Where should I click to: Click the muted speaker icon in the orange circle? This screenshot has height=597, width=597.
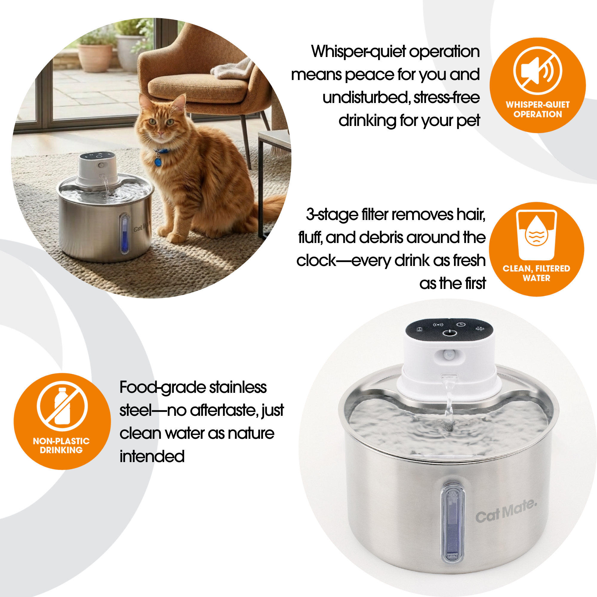(x=537, y=71)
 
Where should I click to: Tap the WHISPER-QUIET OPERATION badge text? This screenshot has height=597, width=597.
(x=537, y=109)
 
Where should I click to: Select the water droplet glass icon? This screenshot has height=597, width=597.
(x=536, y=235)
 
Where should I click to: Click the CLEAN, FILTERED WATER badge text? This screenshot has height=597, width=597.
(x=536, y=273)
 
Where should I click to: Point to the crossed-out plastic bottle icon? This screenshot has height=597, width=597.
(x=62, y=406)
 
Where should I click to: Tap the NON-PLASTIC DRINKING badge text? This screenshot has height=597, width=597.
(x=61, y=445)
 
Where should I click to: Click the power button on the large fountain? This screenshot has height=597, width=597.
(x=450, y=333)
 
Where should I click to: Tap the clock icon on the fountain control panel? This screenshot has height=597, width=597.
(x=461, y=324)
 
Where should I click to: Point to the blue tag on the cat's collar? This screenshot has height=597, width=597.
(x=158, y=161)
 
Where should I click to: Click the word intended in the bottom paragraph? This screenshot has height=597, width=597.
(x=152, y=456)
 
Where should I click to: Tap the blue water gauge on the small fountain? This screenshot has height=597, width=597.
(x=124, y=234)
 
